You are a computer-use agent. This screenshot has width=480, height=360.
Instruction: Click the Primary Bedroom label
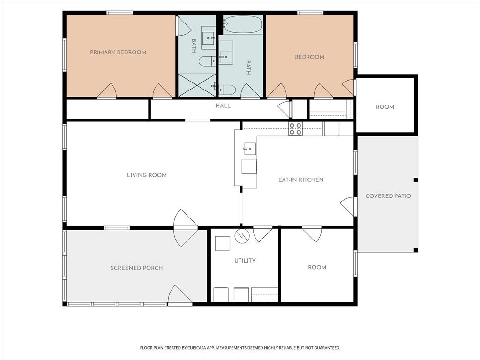(118, 52)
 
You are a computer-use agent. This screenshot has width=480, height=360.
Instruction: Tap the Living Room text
(147, 175)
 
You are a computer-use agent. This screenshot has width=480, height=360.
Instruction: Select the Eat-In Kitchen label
(301, 180)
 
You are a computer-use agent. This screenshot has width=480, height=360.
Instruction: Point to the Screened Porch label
(136, 268)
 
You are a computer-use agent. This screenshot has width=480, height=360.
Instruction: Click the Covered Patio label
(388, 196)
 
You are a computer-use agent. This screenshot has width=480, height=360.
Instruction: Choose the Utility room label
(245, 261)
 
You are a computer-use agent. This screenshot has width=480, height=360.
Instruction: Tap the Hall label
(223, 105)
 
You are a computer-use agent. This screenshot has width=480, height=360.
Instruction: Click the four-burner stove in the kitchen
(295, 129)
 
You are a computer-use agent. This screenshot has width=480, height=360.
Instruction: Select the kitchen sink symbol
(250, 149)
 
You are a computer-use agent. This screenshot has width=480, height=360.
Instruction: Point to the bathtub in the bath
(243, 24)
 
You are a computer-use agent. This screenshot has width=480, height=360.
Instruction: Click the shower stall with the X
(197, 85)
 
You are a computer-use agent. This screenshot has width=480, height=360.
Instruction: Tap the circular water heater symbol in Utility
(242, 236)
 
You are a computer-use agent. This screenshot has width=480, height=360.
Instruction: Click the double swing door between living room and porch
(185, 228)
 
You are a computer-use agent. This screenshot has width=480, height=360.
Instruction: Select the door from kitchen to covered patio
(348, 206)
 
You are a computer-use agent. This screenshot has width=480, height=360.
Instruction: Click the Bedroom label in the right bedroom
(309, 57)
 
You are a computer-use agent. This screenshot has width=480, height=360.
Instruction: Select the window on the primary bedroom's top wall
(120, 13)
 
